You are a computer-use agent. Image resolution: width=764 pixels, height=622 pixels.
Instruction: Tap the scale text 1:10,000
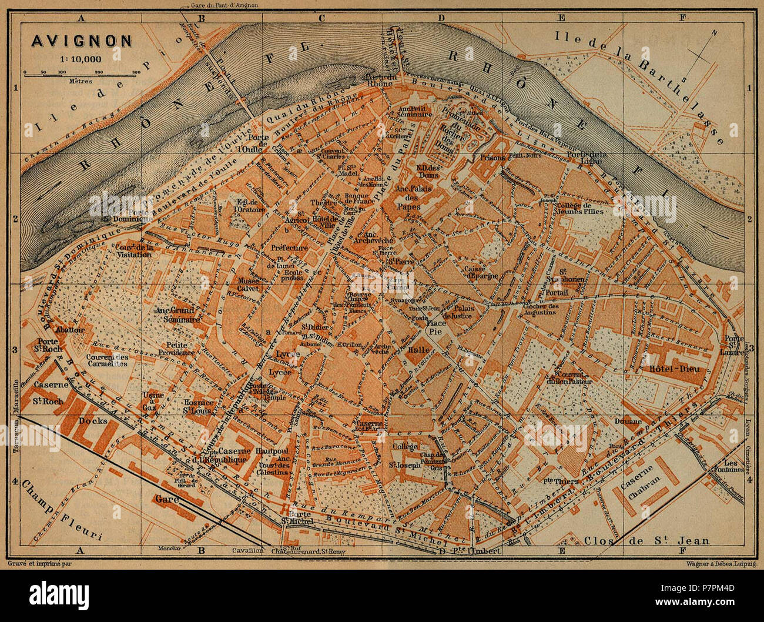pos(81,58)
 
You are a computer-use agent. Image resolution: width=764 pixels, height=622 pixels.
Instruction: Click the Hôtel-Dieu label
pos(665,369)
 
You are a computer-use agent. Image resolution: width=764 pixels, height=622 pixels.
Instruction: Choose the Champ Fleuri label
pos(59,512)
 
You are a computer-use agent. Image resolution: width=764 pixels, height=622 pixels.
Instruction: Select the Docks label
pos(95,420)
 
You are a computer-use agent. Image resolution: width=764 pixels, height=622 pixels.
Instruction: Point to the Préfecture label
pos(289,248)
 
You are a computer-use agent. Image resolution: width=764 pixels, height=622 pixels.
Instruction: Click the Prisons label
pos(492,158)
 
